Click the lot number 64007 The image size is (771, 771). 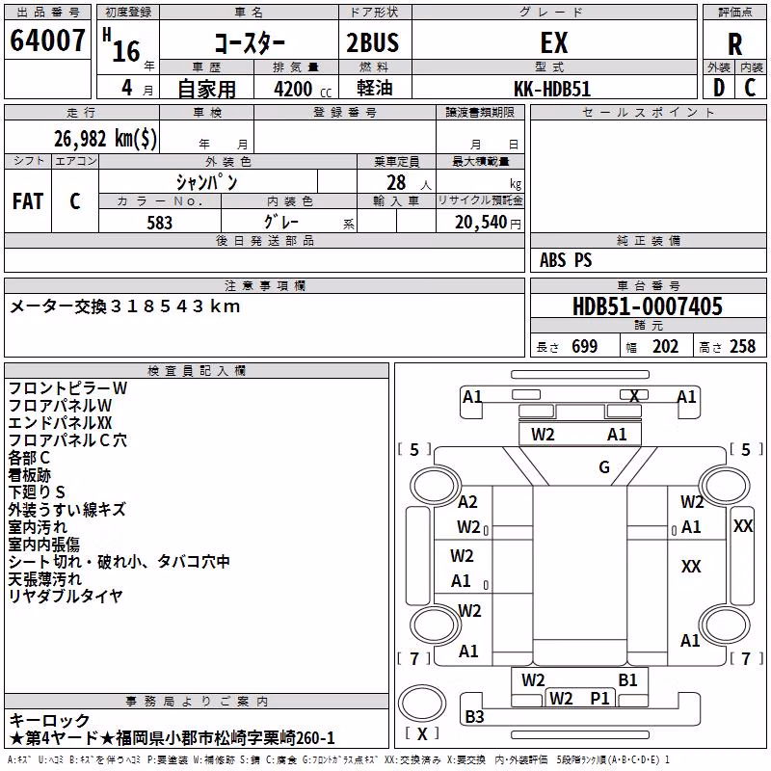pyautogui.click(x=47, y=40)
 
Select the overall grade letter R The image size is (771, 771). pyautogui.click(x=734, y=44)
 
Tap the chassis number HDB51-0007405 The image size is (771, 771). pyautogui.click(x=648, y=306)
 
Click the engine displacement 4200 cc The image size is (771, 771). pyautogui.click(x=303, y=89)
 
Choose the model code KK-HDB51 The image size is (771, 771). pyautogui.click(x=551, y=89)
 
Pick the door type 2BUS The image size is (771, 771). pyautogui.click(x=373, y=42)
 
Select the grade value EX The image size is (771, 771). pyautogui.click(x=553, y=42)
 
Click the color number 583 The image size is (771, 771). pyautogui.click(x=159, y=223)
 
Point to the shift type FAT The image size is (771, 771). pyautogui.click(x=28, y=201)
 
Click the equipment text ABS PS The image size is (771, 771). pyautogui.click(x=566, y=259)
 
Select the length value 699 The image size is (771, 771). pyautogui.click(x=584, y=346)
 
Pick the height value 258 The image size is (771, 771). pyautogui.click(x=742, y=346)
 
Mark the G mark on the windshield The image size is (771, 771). pyautogui.click(x=604, y=467)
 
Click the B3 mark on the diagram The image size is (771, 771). pyautogui.click(x=474, y=717)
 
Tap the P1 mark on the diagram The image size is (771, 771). pyautogui.click(x=599, y=698)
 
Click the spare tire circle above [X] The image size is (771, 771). pyautogui.click(x=422, y=705)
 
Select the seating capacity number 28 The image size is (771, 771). pyautogui.click(x=396, y=182)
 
